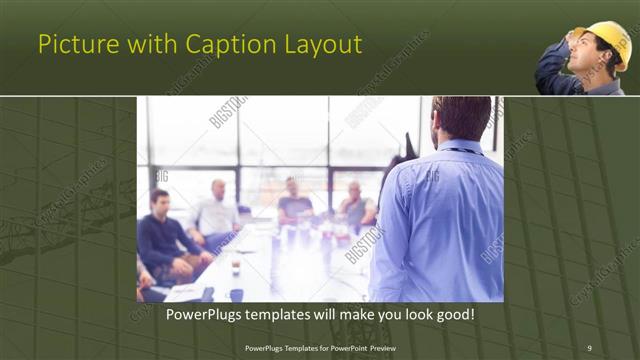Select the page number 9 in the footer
(x=589, y=347)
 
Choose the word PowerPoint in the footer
(x=338, y=347)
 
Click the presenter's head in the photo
(x=462, y=117)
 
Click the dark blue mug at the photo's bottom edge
(x=237, y=295)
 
